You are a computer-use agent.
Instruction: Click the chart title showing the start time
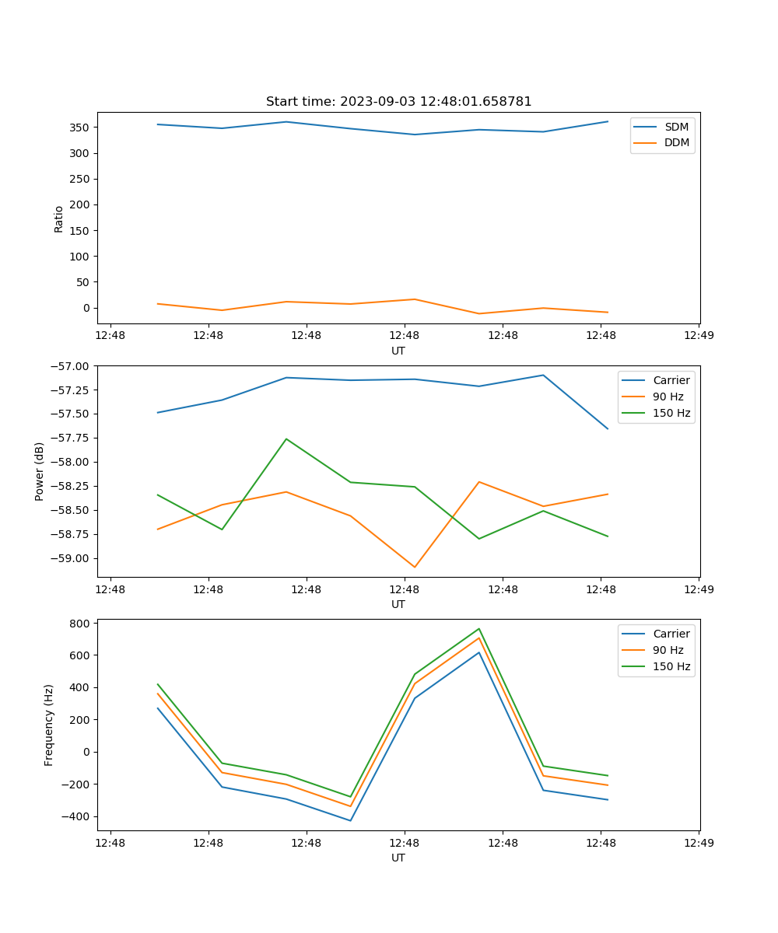click(x=398, y=102)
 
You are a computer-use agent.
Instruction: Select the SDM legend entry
click(x=676, y=127)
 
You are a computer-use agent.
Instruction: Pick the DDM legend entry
click(x=676, y=142)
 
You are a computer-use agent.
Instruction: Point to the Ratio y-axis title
click(x=59, y=219)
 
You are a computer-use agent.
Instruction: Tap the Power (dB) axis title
click(x=40, y=471)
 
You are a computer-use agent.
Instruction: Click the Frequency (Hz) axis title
click(x=49, y=725)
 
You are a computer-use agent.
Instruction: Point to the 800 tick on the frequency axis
click(x=80, y=624)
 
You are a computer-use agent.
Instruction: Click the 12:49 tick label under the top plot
click(x=698, y=336)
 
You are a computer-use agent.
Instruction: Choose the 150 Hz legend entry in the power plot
click(x=671, y=413)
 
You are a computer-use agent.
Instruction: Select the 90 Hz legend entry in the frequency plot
click(x=668, y=650)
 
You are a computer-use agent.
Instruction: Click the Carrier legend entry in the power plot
click(x=671, y=380)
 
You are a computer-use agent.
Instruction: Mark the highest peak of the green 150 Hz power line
click(x=286, y=439)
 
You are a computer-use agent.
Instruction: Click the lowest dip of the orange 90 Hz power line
click(x=415, y=567)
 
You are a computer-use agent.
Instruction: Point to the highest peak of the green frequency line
click(x=479, y=628)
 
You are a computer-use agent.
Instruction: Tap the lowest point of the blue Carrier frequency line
click(x=350, y=820)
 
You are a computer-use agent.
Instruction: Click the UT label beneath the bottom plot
click(x=398, y=858)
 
